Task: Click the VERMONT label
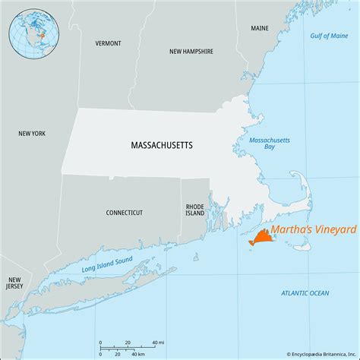coord(108,43)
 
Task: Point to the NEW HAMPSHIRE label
coord(191,52)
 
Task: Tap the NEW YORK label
coord(33,134)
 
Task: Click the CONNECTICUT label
coord(124,213)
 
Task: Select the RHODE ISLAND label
coord(195,210)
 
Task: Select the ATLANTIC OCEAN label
coord(305,292)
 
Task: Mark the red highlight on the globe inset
coord(43,36)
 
